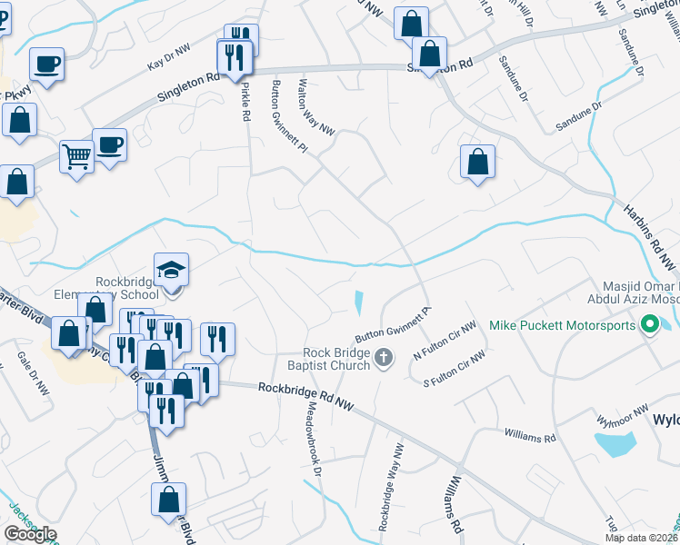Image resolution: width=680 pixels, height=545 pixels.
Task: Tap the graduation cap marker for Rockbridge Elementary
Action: point(171,270)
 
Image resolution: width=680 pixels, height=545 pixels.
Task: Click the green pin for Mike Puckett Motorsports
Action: point(650,324)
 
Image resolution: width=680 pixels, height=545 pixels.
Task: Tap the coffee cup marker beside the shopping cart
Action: point(109,144)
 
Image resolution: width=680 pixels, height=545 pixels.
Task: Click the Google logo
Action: point(30,534)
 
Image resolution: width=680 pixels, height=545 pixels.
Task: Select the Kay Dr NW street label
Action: point(168,61)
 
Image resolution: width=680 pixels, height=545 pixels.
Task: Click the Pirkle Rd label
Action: point(245,102)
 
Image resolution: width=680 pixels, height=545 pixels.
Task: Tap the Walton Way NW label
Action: point(316,108)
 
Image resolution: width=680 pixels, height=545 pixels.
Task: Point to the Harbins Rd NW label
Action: point(651,235)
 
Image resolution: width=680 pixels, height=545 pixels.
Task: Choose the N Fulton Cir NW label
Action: point(445,340)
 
